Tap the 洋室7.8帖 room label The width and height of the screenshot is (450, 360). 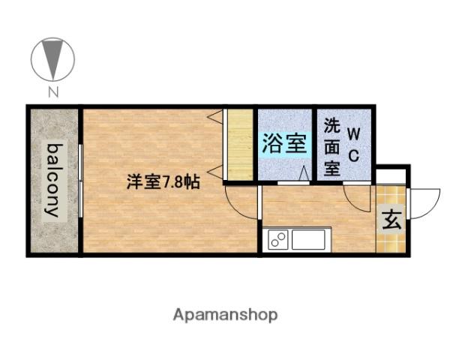pyautogui.click(x=163, y=181)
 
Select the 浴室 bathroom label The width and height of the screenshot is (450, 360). pyautogui.click(x=284, y=144)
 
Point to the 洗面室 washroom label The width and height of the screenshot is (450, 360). pyautogui.click(x=331, y=146)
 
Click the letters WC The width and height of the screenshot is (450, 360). pyautogui.click(x=355, y=145)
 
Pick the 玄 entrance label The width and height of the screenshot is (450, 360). pyautogui.click(x=391, y=220)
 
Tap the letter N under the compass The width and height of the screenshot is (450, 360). pyautogui.click(x=52, y=93)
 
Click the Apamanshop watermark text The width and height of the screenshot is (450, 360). pyautogui.click(x=225, y=315)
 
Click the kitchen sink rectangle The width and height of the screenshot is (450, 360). pyautogui.click(x=308, y=240)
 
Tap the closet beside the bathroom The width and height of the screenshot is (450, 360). pyautogui.click(x=240, y=145)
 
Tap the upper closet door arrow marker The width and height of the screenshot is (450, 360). pyautogui.click(x=215, y=116)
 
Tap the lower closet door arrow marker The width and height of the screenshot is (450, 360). pyautogui.click(x=215, y=173)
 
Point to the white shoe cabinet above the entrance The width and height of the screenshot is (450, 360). pyautogui.click(x=391, y=178)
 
